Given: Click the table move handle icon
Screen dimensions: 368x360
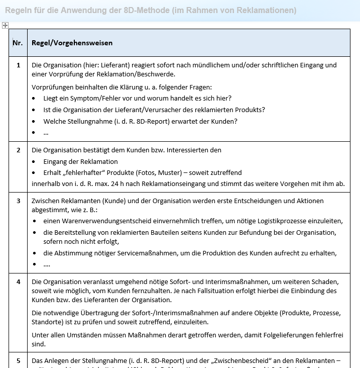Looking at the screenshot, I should point(5,25).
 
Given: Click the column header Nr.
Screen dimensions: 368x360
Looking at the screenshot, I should point(18,43).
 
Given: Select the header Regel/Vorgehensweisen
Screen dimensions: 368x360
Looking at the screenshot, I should point(72,43).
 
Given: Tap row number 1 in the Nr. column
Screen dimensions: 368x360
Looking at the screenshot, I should point(19,65).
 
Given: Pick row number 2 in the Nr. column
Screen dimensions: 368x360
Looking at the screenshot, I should point(19,150).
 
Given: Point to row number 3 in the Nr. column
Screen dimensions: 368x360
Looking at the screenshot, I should point(19,201).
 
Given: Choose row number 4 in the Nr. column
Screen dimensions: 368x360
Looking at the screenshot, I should point(19,282).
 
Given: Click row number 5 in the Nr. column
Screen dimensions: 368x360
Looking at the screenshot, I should point(19,360).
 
